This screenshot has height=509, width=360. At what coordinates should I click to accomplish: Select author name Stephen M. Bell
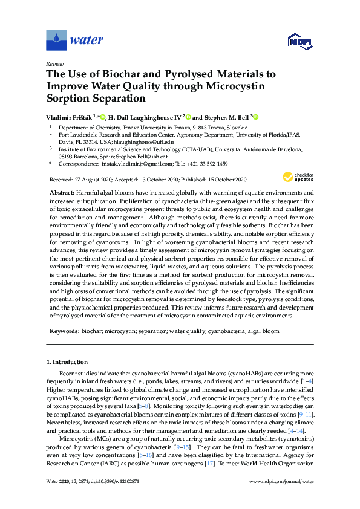click(x=226, y=117)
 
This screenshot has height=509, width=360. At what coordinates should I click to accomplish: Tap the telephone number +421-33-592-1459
click(x=207, y=163)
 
